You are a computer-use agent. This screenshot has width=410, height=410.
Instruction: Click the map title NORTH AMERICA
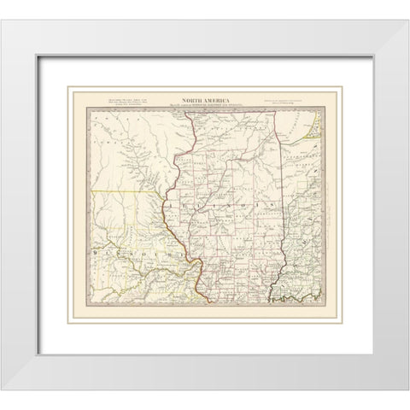(205, 100)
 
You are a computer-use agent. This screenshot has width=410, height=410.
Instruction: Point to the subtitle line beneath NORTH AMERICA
(205, 106)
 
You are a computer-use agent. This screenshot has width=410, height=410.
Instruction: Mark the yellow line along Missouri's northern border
(128, 190)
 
